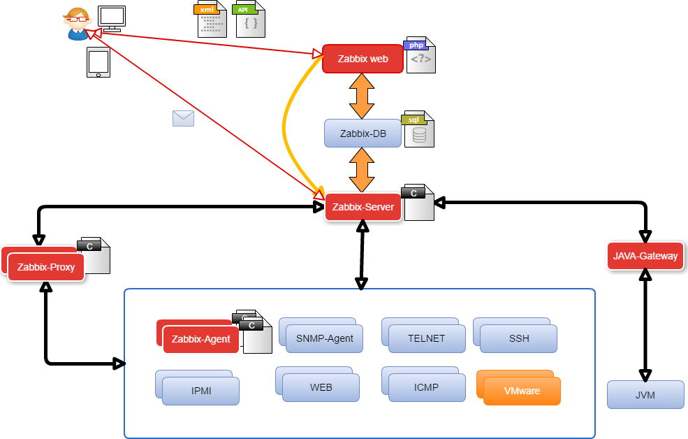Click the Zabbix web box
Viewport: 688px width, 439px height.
tap(363, 59)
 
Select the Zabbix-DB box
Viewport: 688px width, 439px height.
tap(363, 134)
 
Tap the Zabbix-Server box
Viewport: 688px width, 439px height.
tap(363, 207)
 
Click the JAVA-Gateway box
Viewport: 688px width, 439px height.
tap(645, 256)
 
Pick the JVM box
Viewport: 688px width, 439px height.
tap(645, 395)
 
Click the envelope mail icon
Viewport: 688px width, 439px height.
tap(183, 118)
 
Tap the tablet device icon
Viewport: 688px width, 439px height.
tap(98, 62)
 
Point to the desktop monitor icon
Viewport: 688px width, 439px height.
tap(112, 18)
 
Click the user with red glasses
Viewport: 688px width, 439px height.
tap(78, 24)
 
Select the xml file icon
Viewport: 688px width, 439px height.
tap(211, 20)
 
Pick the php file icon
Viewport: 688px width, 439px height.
tap(420, 55)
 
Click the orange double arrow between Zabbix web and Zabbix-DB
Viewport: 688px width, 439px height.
tap(362, 96)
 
